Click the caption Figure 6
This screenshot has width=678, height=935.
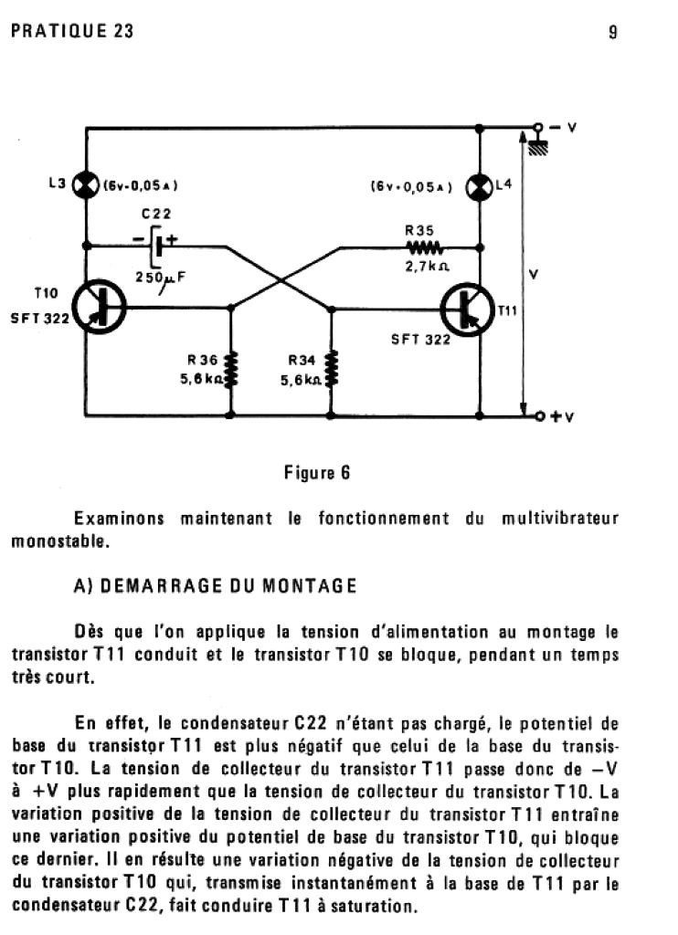(317, 472)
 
